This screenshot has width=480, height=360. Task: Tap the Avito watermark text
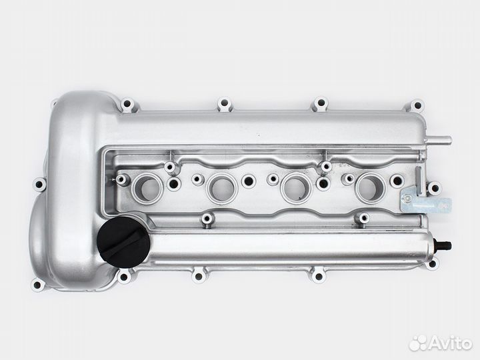[x=450, y=343]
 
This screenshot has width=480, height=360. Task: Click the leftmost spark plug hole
[x=147, y=187]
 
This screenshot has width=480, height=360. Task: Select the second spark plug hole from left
[x=222, y=189]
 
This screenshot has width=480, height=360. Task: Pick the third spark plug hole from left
[x=296, y=188]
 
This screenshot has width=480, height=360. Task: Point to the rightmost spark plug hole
[x=371, y=188]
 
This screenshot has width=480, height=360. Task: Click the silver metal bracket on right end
[x=425, y=203]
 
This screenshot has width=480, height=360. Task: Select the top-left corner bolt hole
[x=127, y=104]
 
